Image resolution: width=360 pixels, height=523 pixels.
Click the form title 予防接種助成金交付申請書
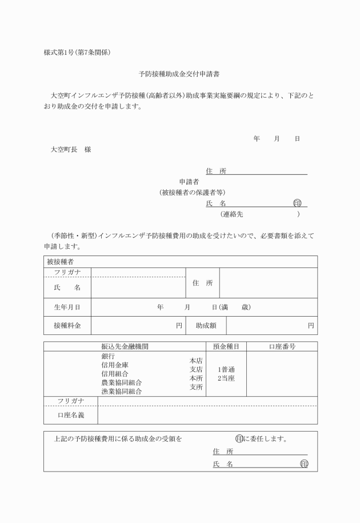tap(180, 74)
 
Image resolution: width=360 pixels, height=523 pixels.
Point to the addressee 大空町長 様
tap(71, 150)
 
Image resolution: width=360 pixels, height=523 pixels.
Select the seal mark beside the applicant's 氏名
tap(297, 203)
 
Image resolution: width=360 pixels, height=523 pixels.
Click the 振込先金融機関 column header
tap(125, 346)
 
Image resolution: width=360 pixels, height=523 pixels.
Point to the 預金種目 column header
tap(226, 346)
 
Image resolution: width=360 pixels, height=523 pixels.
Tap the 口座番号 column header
tap(282, 346)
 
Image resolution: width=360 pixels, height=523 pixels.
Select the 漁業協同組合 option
tap(122, 392)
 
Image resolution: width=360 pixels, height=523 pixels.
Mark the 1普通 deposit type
tap(227, 369)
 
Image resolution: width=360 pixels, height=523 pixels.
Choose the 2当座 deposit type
tap(227, 378)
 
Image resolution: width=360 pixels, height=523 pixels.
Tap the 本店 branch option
tap(196, 361)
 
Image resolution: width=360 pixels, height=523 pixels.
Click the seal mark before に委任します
tap(239, 439)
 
